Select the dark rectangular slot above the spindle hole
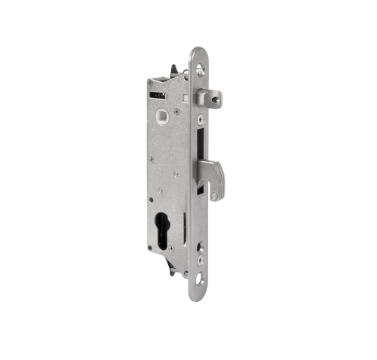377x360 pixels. click(x=158, y=96)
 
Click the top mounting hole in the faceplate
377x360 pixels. click(x=201, y=69)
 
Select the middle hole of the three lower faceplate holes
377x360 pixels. click(x=201, y=259)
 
